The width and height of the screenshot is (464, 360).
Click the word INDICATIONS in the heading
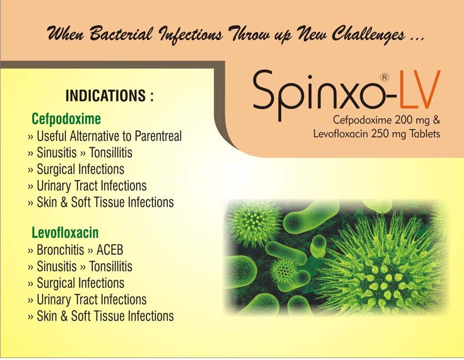pyautogui.click(x=106, y=96)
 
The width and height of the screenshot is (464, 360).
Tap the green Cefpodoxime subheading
pyautogui.click(x=67, y=119)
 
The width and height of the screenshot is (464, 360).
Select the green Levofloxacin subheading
pyautogui.click(x=65, y=233)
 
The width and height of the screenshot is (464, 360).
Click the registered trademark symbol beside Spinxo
pyautogui.click(x=384, y=78)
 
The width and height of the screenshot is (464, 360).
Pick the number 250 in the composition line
pyautogui.click(x=380, y=134)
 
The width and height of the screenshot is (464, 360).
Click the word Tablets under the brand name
pyautogui.click(x=425, y=133)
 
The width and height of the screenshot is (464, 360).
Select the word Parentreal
pyautogui.click(x=158, y=136)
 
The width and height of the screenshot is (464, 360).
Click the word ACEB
pyautogui.click(x=110, y=250)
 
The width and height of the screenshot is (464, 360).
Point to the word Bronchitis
pyautogui.click(x=60, y=250)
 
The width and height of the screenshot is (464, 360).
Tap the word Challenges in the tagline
pyautogui.click(x=369, y=34)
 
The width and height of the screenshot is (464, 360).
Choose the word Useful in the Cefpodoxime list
pyautogui.click(x=52, y=136)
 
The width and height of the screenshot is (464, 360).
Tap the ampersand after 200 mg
pyautogui.click(x=436, y=120)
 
